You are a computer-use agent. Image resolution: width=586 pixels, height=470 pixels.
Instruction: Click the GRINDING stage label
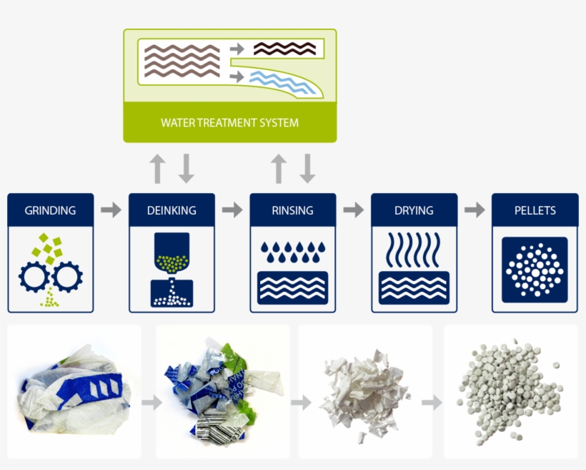(50, 210)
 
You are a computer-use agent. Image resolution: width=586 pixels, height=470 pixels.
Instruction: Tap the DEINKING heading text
(172, 210)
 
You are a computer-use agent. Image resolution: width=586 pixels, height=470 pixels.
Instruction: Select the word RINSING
(292, 210)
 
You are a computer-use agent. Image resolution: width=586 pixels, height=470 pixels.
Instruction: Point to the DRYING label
(414, 210)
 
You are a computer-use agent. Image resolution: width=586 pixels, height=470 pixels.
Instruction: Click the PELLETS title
(535, 210)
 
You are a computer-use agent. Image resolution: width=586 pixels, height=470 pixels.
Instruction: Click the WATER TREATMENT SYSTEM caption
(230, 123)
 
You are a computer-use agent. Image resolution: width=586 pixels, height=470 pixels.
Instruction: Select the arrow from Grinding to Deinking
(111, 210)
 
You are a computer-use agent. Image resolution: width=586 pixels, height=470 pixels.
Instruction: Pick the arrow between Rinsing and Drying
(354, 210)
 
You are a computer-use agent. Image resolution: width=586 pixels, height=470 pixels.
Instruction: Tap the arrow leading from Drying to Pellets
(475, 210)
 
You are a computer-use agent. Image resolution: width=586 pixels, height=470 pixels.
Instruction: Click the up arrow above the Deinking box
(157, 168)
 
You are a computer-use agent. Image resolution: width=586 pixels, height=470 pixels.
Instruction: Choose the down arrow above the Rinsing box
(307, 168)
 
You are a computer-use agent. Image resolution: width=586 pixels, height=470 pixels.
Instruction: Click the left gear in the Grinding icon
(34, 278)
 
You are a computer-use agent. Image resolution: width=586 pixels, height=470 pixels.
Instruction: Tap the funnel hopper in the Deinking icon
(172, 253)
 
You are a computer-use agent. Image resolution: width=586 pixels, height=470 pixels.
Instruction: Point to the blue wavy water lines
(282, 82)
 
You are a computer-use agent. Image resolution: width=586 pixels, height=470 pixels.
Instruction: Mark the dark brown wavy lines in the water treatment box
(284, 49)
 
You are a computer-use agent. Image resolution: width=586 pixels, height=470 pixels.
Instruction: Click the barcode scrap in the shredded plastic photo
(219, 428)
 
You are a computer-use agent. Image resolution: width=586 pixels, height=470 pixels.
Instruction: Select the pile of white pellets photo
(510, 393)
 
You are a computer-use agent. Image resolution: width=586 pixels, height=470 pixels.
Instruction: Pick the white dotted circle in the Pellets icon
(535, 270)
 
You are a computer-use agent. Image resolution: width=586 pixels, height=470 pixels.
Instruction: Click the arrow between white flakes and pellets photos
(432, 402)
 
